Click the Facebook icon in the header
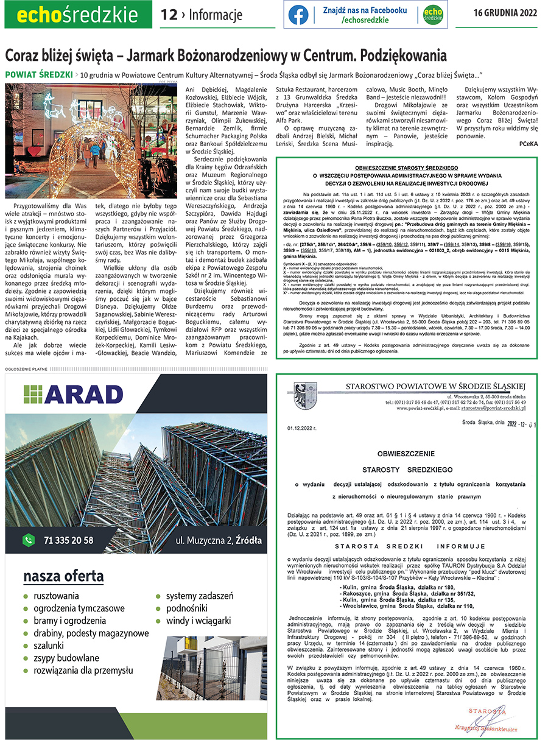click(298, 15)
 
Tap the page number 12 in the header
click(168, 15)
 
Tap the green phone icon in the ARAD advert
click(28, 540)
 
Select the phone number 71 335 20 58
click(68, 540)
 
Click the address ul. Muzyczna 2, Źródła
click(219, 540)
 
